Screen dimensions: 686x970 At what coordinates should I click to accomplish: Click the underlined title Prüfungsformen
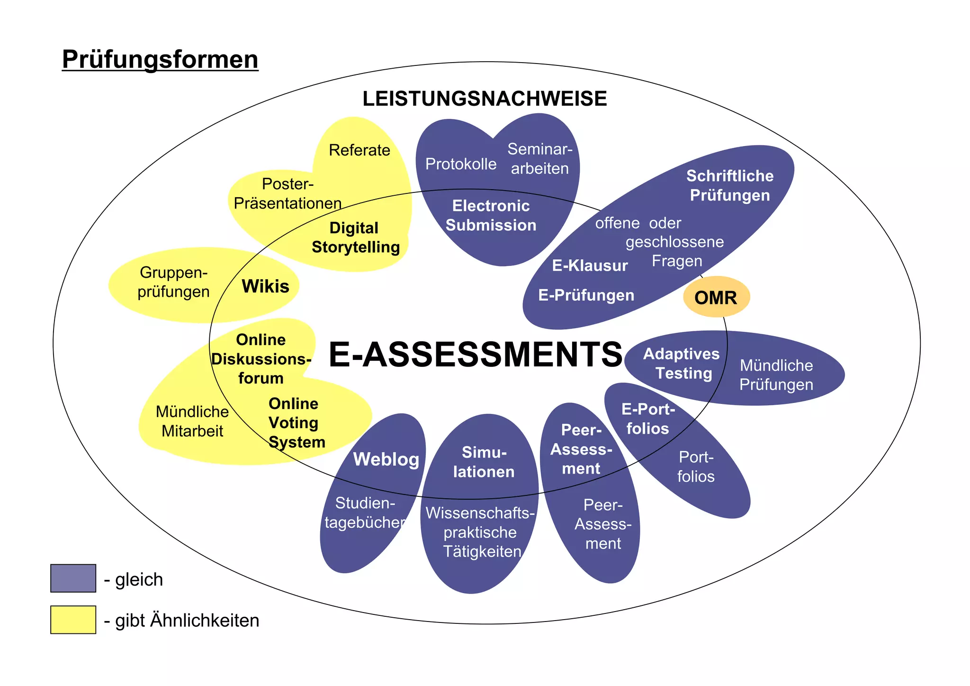tap(160, 60)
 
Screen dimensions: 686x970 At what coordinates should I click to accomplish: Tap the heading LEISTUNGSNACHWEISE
tap(485, 99)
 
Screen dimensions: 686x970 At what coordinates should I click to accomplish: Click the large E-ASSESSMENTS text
tap(475, 355)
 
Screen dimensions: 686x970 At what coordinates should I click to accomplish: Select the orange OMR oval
tap(716, 297)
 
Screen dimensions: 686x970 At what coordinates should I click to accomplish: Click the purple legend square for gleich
tap(73, 578)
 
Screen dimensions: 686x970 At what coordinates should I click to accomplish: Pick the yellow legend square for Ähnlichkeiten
tap(73, 620)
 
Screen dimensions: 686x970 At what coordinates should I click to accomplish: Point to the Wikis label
tap(265, 286)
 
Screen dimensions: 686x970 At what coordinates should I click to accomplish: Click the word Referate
tap(359, 150)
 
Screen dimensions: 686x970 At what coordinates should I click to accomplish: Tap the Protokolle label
tap(461, 164)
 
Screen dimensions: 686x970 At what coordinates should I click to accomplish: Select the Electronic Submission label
tap(491, 216)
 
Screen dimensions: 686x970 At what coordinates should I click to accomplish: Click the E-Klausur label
tap(590, 265)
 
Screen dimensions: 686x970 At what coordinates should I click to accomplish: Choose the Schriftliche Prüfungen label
tap(730, 185)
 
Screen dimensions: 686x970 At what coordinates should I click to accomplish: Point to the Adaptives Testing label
tap(682, 364)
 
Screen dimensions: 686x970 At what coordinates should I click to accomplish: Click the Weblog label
tap(386, 459)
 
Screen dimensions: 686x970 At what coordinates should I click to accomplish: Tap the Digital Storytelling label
tap(355, 238)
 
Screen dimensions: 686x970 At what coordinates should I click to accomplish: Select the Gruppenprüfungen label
tap(173, 282)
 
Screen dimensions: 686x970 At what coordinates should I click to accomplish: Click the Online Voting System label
tap(296, 423)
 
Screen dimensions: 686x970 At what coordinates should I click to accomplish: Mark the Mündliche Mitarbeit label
tap(192, 421)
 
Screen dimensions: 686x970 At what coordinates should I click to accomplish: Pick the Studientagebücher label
tap(365, 513)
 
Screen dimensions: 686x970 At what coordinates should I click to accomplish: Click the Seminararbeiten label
tap(540, 159)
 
